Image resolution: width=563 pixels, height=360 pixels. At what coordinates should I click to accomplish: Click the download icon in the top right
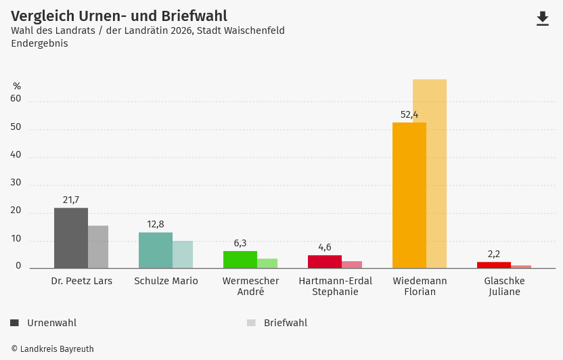[x=543, y=19]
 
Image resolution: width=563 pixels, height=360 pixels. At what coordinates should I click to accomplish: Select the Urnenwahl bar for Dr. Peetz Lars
[x=71, y=238]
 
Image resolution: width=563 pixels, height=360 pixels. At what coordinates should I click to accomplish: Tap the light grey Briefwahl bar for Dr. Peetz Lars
[x=98, y=247]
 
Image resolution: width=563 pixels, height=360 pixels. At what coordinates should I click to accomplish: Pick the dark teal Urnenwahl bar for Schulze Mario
[x=156, y=250]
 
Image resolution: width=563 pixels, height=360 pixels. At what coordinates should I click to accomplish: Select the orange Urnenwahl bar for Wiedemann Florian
[x=409, y=196]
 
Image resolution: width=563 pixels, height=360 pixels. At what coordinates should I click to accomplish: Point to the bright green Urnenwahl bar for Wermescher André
[x=240, y=260]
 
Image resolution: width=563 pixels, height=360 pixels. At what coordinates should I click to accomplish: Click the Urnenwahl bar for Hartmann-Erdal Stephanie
[x=325, y=262]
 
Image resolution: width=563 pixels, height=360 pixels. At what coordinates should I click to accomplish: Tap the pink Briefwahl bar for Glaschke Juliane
[x=521, y=267]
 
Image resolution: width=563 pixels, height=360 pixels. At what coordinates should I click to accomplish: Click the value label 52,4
[x=409, y=115]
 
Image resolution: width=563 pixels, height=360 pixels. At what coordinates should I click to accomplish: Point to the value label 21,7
[x=71, y=200]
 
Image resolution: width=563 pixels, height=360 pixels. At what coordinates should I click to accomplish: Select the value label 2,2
[x=494, y=254]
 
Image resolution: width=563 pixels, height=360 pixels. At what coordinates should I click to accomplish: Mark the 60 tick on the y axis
[x=16, y=99]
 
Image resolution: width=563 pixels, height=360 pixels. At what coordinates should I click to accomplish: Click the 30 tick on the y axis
[x=16, y=183]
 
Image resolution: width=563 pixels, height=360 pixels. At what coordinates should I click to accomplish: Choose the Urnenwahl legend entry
[x=44, y=323]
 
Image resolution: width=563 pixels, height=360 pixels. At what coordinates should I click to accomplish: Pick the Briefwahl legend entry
[x=277, y=323]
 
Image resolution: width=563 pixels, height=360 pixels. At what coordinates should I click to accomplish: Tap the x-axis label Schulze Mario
[x=166, y=281]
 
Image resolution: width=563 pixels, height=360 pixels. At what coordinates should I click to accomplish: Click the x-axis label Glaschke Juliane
[x=504, y=286]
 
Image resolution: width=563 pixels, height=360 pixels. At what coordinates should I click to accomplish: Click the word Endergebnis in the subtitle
[x=39, y=43]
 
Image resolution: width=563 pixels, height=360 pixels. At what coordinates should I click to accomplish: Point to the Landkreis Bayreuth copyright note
[x=52, y=349]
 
